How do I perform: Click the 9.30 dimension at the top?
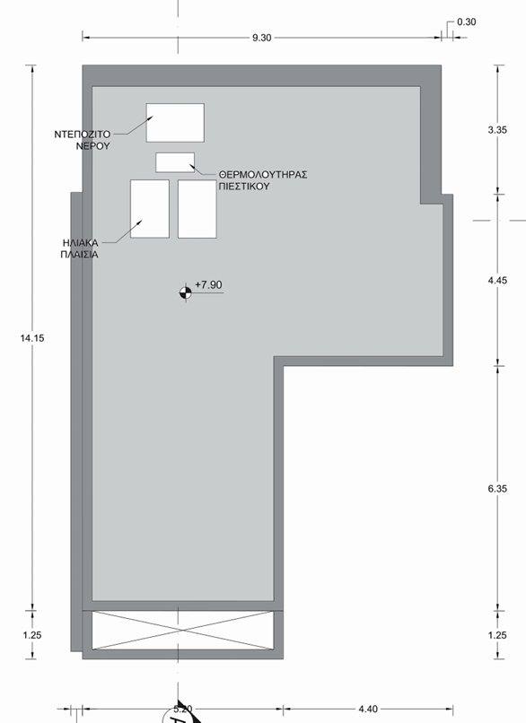(261, 38)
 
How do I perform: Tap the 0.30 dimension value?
(466, 22)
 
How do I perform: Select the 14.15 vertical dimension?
(32, 338)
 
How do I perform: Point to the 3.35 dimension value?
(497, 129)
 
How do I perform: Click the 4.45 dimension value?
(497, 281)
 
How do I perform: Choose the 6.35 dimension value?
(497, 489)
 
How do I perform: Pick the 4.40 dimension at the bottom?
(368, 709)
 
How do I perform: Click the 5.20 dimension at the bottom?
(183, 709)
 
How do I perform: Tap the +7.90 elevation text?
(208, 285)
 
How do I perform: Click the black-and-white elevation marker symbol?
(186, 292)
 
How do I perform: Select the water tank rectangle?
(175, 123)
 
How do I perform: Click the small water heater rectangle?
(175, 162)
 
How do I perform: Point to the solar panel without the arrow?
(197, 209)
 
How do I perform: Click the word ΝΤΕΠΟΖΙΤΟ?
(83, 135)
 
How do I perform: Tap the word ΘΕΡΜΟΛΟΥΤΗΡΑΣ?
(263, 175)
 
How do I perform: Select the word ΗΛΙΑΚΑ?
(80, 242)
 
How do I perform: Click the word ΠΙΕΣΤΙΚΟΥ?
(244, 187)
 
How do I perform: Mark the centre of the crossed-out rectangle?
(183, 630)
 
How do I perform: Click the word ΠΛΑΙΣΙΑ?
(79, 255)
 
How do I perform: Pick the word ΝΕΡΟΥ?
(93, 145)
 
